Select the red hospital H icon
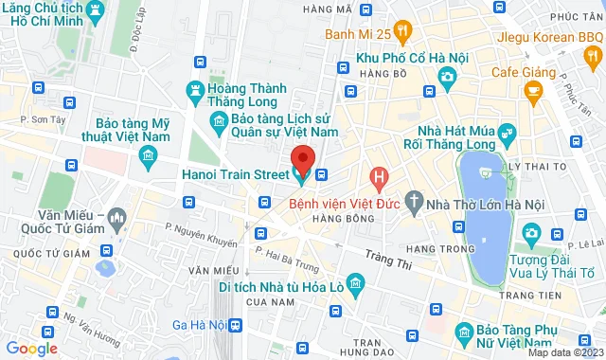pyautogui.click(x=379, y=176)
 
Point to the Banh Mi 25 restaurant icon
pyautogui.click(x=403, y=35)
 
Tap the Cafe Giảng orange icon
pyautogui.click(x=532, y=92)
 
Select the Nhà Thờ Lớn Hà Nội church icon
pyautogui.click(x=414, y=201)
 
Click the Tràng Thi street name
pyautogui.click(x=391, y=261)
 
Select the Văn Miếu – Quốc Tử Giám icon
pyautogui.click(x=116, y=220)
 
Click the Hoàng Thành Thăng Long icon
pyautogui.click(x=194, y=90)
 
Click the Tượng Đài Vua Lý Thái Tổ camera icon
pyautogui.click(x=531, y=232)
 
